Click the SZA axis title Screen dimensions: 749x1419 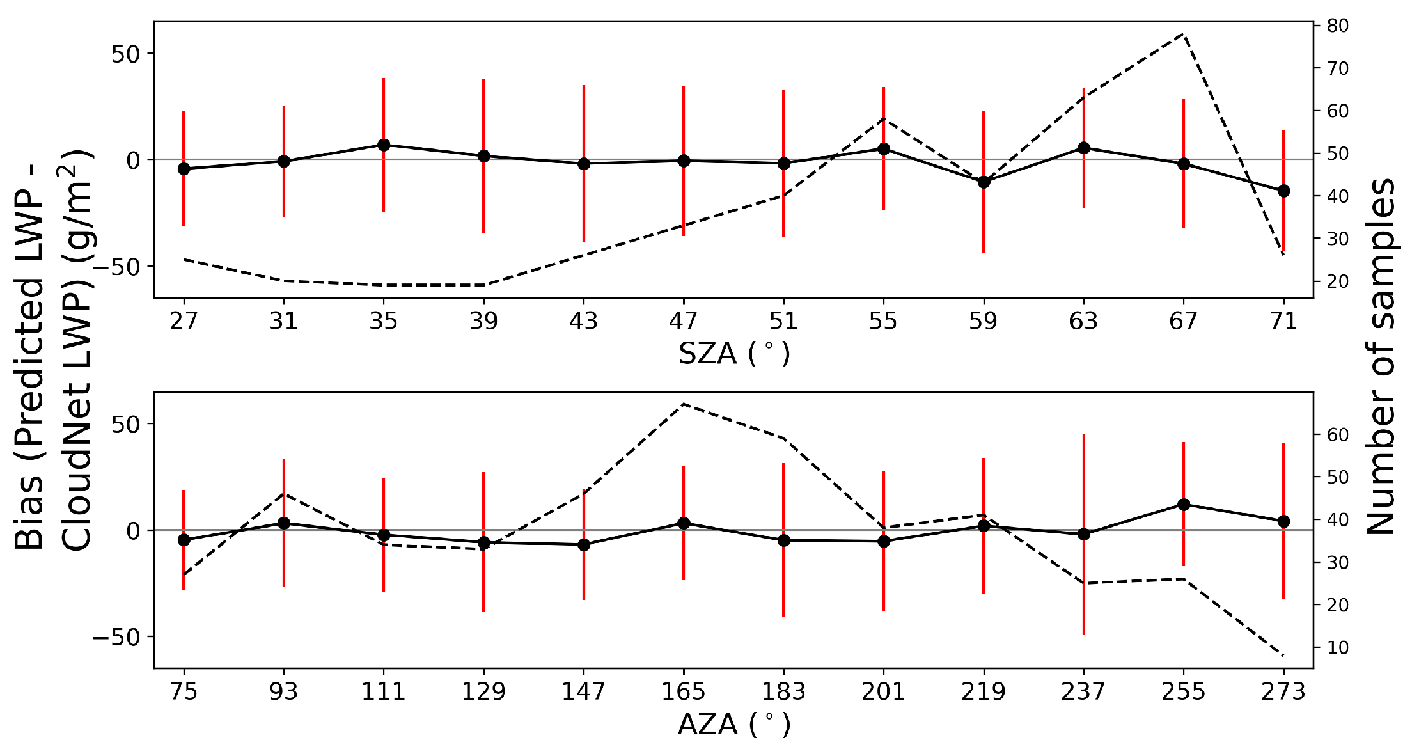click(733, 353)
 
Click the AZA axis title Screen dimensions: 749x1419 click(733, 724)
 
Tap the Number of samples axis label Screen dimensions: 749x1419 click(1381, 356)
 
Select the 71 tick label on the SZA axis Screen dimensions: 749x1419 click(1283, 320)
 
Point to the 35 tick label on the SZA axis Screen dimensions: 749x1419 click(383, 320)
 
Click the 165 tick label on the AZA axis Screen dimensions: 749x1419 click(683, 691)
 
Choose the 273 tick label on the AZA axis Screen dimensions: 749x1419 click(1283, 691)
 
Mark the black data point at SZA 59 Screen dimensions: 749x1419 click(984, 182)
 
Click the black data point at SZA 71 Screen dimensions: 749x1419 click(1283, 191)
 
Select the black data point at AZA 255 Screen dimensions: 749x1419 click(1184, 505)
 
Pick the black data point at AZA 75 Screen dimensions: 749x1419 click(184, 540)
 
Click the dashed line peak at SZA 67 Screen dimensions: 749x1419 click(1184, 33)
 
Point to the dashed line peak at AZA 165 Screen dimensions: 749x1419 click(683, 404)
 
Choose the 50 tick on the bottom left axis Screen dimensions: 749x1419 click(125, 424)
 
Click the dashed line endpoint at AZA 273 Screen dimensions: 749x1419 click(1283, 656)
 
